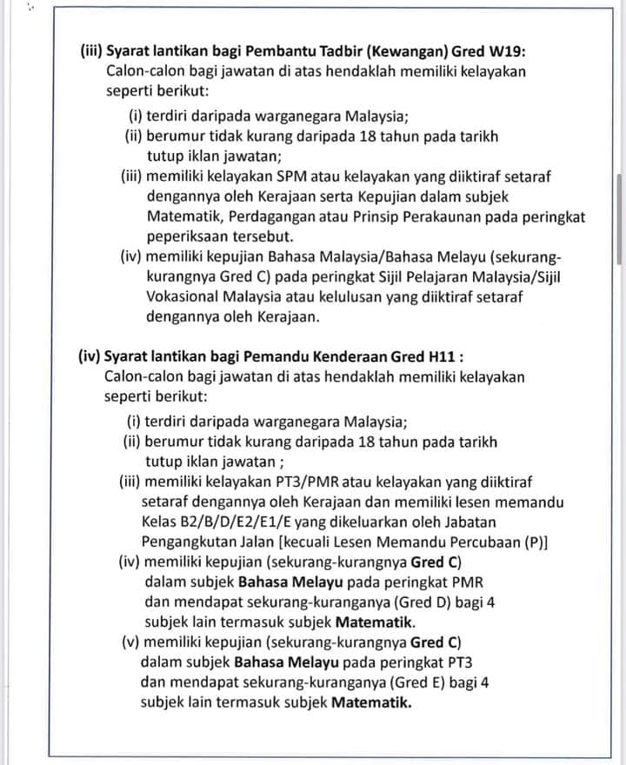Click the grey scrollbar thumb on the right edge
[x=619, y=217]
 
